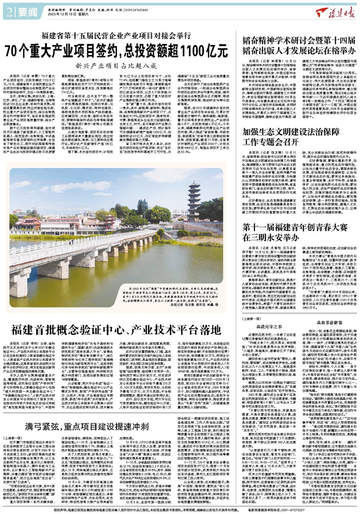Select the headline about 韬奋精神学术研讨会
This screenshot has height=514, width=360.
pyautogui.click(x=297, y=42)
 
